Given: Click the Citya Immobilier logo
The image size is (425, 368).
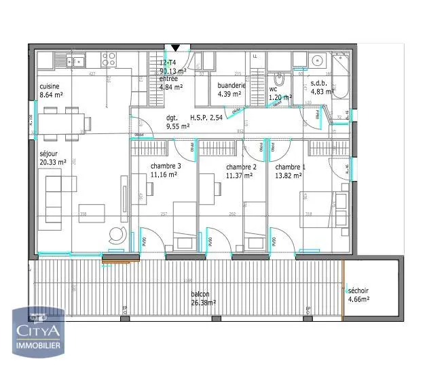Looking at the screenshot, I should (40, 331).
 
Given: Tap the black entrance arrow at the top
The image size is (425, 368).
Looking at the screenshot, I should (176, 48).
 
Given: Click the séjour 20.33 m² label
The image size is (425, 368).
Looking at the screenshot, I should (53, 156).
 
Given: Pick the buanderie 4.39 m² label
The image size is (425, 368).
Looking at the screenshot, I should (232, 90).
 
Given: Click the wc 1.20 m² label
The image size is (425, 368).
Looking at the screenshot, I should (280, 93).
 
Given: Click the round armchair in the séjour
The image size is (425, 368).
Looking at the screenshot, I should (117, 234).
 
